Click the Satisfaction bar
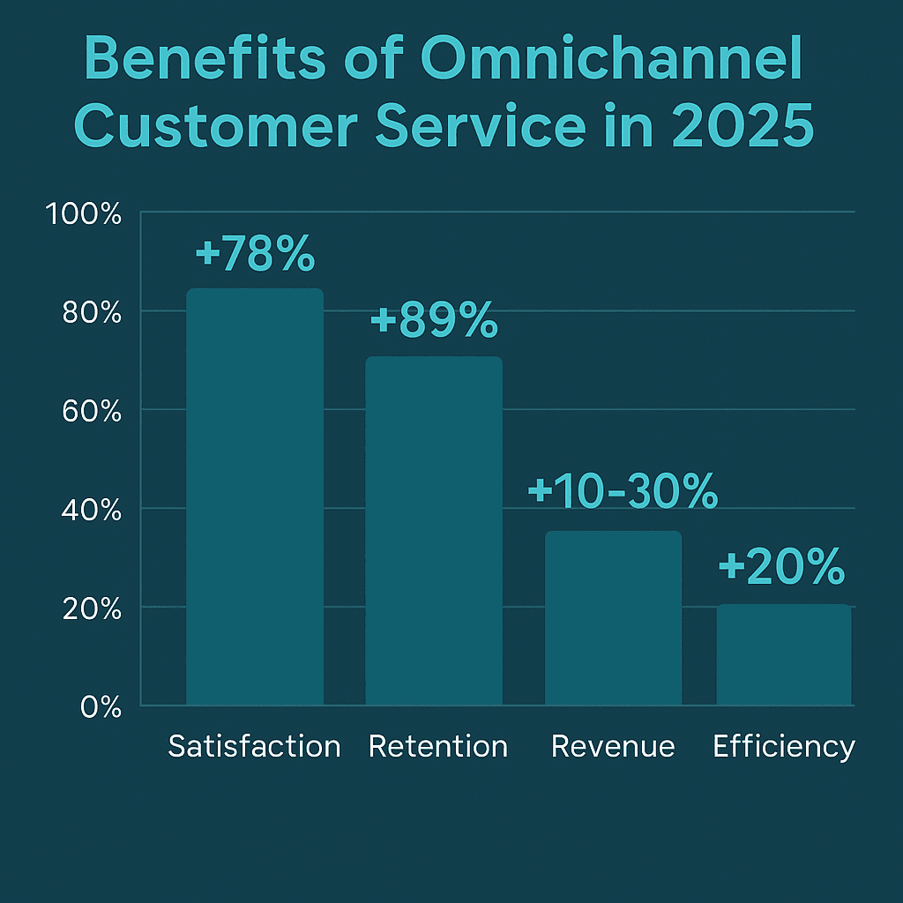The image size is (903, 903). [x=255, y=496]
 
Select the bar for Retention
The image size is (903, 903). [x=434, y=531]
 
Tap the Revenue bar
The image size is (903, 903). [x=613, y=617]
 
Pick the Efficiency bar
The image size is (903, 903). [x=784, y=654]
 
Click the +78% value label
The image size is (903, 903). [x=255, y=255]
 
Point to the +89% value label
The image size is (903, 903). [x=434, y=323]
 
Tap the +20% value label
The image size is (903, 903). [x=781, y=569]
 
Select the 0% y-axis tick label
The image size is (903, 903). [x=100, y=707]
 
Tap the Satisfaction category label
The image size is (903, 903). [x=254, y=747]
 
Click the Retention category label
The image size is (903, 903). [x=438, y=747]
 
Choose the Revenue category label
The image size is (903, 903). [x=613, y=747]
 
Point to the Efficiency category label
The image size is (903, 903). [x=784, y=748]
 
